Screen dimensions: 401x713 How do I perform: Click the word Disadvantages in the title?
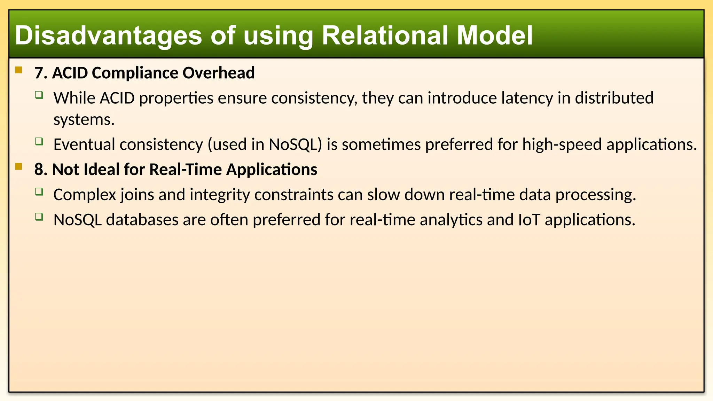coord(108,36)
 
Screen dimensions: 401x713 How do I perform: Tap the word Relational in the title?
coord(384,36)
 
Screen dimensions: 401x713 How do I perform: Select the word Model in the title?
coord(494,36)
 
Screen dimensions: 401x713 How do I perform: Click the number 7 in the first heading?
coord(39,73)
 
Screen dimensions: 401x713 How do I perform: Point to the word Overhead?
coord(218,73)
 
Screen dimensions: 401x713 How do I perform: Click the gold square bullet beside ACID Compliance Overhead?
coord(19,70)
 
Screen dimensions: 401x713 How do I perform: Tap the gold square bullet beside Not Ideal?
coord(19,167)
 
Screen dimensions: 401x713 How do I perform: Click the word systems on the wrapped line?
coord(84,120)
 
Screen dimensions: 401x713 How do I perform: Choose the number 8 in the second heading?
coord(39,170)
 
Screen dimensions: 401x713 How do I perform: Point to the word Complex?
coord(84,195)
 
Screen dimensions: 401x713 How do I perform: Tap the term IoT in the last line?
coord(529,220)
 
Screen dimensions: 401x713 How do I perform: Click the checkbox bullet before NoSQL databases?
coord(39,217)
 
